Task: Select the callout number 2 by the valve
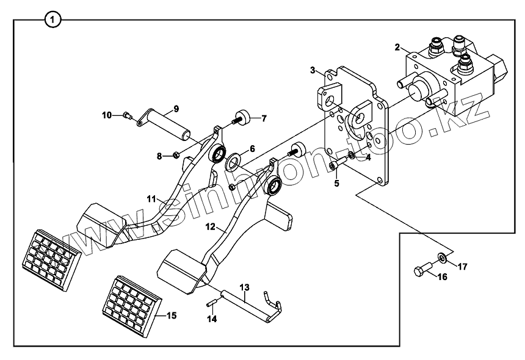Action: [x=397, y=47]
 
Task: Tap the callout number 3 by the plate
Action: [x=313, y=70]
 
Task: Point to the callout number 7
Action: [x=264, y=118]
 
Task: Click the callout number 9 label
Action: [x=176, y=109]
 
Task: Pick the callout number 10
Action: [x=106, y=115]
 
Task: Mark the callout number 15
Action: [x=172, y=315]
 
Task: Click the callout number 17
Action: [x=462, y=266]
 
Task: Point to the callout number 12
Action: [x=209, y=226]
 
